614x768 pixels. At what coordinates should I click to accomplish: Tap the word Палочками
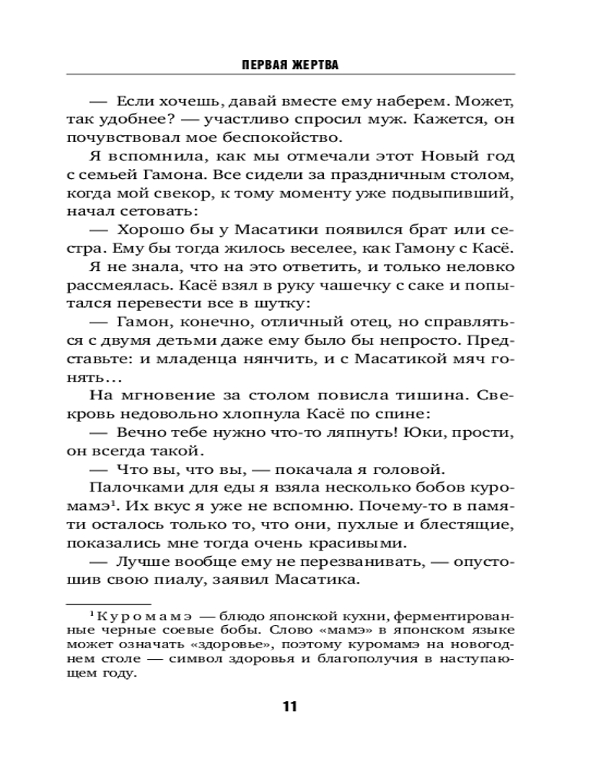[135, 489]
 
